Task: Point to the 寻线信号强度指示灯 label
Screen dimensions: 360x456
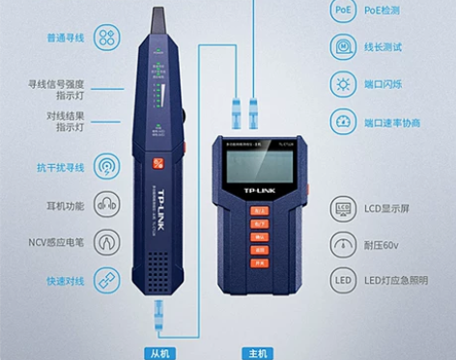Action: [x=57, y=91]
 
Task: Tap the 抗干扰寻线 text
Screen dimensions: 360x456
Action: [x=61, y=167]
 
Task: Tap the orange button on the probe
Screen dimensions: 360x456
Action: [x=157, y=165]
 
